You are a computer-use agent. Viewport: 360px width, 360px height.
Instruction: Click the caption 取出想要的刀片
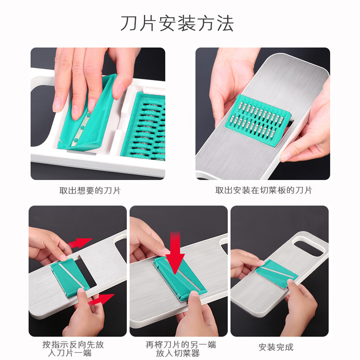(x=90, y=190)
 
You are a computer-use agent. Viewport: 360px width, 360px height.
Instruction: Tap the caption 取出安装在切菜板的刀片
(x=264, y=190)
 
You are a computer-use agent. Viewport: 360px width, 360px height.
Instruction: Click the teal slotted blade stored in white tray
(x=143, y=126)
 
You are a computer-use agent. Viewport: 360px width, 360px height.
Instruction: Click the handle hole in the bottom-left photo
(x=121, y=250)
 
